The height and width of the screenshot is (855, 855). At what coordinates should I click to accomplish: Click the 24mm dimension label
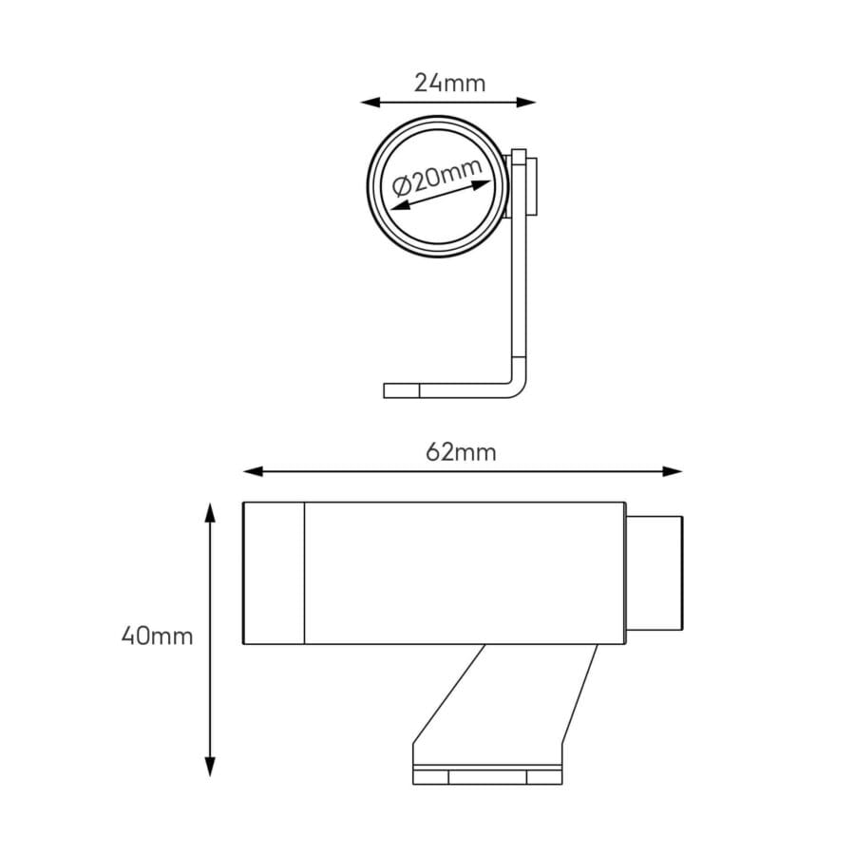(449, 84)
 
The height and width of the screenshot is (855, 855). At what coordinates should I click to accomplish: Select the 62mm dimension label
(462, 452)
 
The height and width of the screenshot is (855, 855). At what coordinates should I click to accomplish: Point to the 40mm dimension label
(158, 636)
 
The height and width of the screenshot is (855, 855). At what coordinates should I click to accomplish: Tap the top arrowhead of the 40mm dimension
(211, 512)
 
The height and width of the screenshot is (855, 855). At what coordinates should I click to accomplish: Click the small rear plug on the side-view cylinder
(655, 573)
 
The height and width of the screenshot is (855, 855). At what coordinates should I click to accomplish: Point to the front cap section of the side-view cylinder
(274, 574)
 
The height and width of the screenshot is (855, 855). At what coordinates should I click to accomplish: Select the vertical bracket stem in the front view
(520, 285)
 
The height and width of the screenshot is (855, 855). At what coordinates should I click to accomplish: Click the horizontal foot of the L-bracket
(446, 390)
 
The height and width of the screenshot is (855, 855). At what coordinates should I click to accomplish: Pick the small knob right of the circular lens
(534, 187)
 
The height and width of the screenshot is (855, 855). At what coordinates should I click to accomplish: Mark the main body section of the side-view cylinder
(464, 574)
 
